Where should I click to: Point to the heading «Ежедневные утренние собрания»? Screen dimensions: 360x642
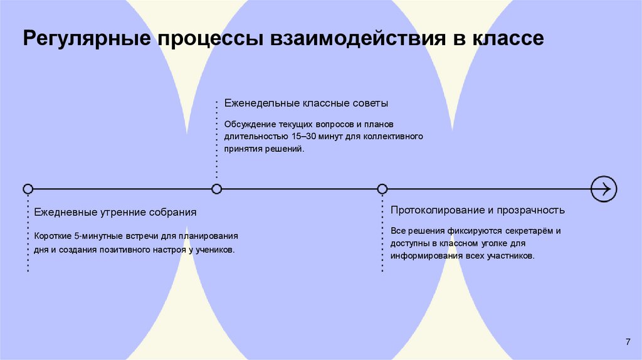(x=115, y=212)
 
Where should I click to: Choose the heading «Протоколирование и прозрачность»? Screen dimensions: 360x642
(x=478, y=209)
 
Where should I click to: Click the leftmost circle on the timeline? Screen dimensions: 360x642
(x=28, y=189)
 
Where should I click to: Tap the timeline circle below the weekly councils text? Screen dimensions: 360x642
(x=217, y=189)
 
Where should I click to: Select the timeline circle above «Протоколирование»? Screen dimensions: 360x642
(x=382, y=189)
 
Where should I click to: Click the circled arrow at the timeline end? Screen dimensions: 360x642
(x=604, y=189)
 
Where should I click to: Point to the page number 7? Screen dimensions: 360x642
(x=628, y=341)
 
